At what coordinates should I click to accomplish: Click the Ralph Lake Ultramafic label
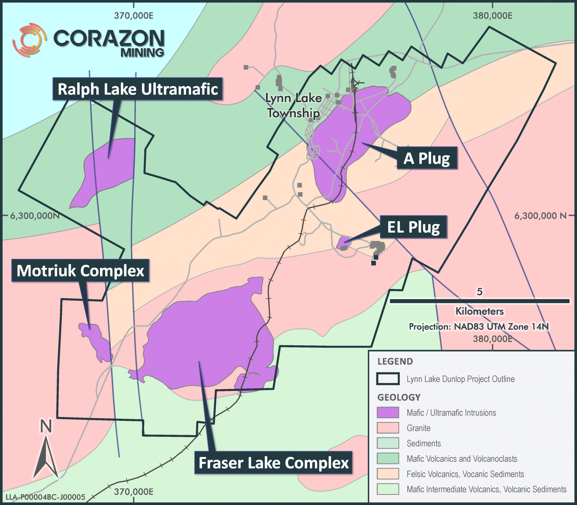pyautogui.click(x=137, y=89)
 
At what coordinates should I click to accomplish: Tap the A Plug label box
pyautogui.click(x=427, y=158)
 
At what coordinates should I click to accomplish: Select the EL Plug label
pyautogui.click(x=413, y=227)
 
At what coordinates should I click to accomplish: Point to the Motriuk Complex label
pyautogui.click(x=80, y=271)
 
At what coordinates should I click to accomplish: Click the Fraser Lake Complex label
pyautogui.click(x=273, y=463)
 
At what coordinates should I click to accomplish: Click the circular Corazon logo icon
pyautogui.click(x=29, y=40)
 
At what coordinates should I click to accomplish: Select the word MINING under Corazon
pyautogui.click(x=142, y=53)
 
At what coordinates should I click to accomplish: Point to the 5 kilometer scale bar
pyautogui.click(x=480, y=301)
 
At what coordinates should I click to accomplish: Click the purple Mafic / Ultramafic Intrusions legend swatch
pyautogui.click(x=388, y=413)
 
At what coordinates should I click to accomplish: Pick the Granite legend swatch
pyautogui.click(x=388, y=428)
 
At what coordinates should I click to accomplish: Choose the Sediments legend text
pyautogui.click(x=423, y=443)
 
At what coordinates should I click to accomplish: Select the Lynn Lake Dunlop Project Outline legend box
pyautogui.click(x=388, y=379)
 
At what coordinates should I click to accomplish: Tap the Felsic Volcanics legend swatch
pyautogui.click(x=388, y=474)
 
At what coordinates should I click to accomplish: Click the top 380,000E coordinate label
pyautogui.click(x=492, y=16)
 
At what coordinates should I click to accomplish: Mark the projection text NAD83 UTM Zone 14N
pyautogui.click(x=479, y=327)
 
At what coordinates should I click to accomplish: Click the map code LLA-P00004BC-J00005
pyautogui.click(x=45, y=497)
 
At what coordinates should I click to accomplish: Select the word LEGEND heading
pyautogui.click(x=395, y=361)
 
